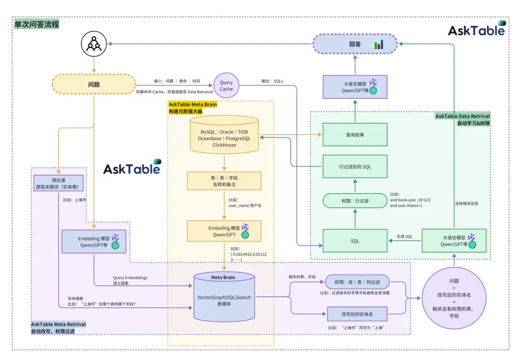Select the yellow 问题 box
pyautogui.click(x=94, y=84)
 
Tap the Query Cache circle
pyautogui.click(x=226, y=85)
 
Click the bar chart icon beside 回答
pyautogui.click(x=379, y=44)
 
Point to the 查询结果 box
pyautogui.click(x=355, y=135)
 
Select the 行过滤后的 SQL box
pyautogui.click(x=355, y=167)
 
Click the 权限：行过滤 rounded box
pyautogui.click(x=355, y=201)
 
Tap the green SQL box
pyautogui.click(x=355, y=241)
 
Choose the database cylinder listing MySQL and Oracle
pyautogui.click(x=224, y=135)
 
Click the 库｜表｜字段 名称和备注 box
pyautogui.click(x=224, y=181)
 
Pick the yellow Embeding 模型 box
pyautogui.click(x=224, y=231)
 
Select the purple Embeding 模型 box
pyautogui.click(x=94, y=242)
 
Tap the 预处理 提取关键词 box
pyautogui.click(x=58, y=183)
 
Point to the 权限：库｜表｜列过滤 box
pyautogui.click(x=357, y=282)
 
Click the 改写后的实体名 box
pyautogui.click(x=357, y=314)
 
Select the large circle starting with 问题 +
pyautogui.click(x=454, y=298)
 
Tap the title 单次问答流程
pyautogui.click(x=37, y=24)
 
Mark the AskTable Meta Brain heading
pyautogui.click(x=192, y=105)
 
